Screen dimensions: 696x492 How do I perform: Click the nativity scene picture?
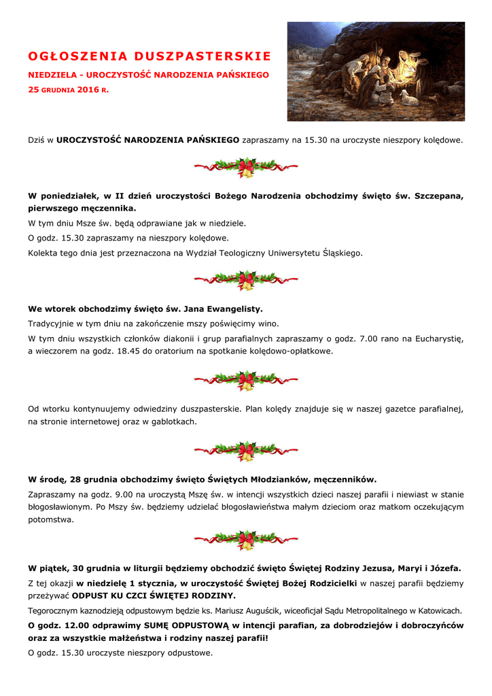376,71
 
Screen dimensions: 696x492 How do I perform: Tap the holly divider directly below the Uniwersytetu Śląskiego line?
245,279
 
